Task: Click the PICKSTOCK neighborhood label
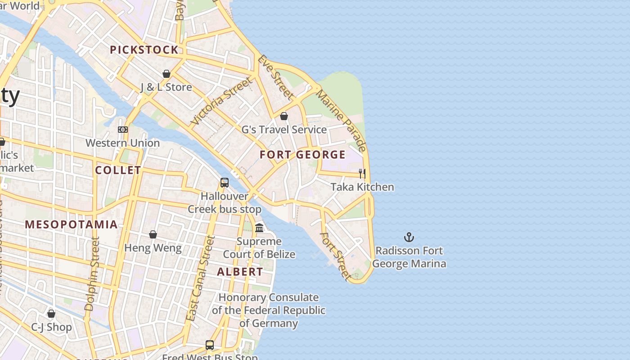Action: (x=144, y=50)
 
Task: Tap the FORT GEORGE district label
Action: (x=303, y=155)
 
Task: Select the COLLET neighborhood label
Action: (x=118, y=170)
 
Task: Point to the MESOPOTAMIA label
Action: (x=71, y=224)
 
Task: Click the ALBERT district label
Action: (x=240, y=272)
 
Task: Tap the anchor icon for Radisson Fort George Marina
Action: (x=409, y=237)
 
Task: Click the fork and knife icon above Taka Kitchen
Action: (x=362, y=173)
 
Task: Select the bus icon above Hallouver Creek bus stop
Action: (x=225, y=183)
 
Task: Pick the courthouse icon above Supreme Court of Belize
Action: (x=259, y=228)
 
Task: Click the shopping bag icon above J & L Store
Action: (x=166, y=74)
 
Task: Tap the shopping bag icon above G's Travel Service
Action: (x=284, y=117)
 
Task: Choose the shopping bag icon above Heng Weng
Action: (x=153, y=234)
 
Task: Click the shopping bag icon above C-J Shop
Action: (x=51, y=314)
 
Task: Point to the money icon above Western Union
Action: (x=123, y=130)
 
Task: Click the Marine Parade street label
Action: (x=341, y=121)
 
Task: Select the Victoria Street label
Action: (x=221, y=102)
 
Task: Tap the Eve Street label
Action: (x=275, y=77)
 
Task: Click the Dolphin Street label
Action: (x=92, y=274)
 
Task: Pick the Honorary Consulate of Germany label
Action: (x=269, y=310)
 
